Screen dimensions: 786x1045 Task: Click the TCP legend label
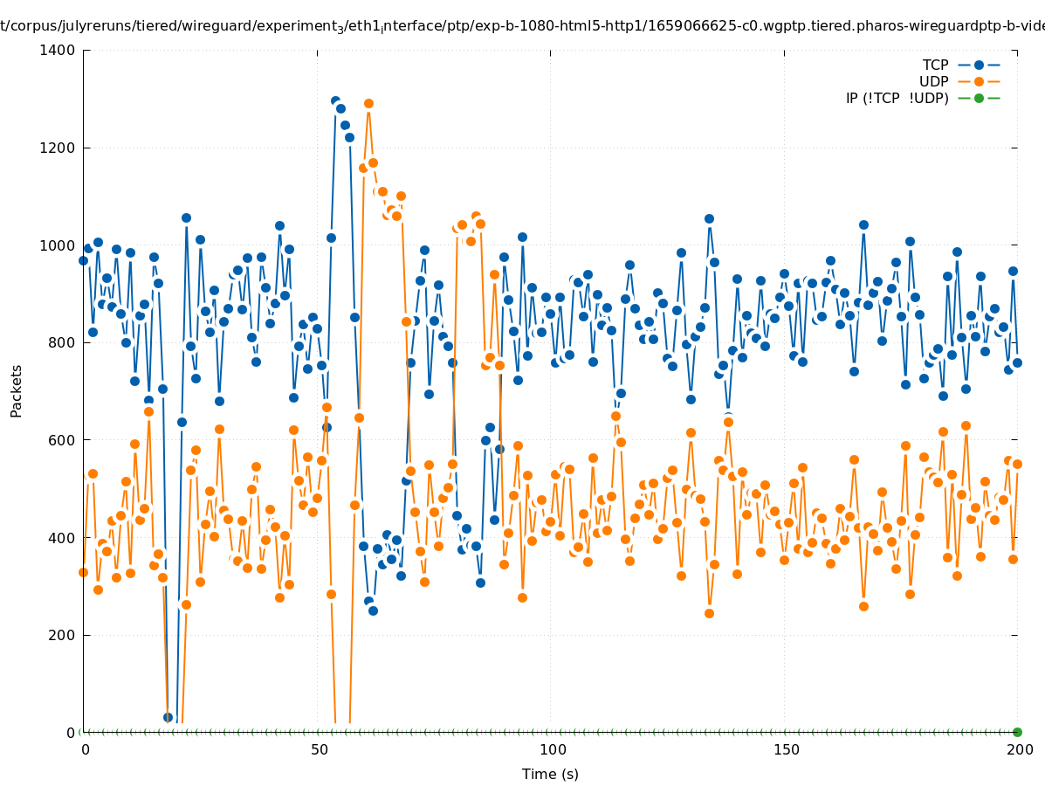point(935,65)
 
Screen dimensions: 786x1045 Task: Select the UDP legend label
point(933,82)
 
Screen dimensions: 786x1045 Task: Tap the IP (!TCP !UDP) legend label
point(897,99)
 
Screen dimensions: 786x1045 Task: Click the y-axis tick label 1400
point(57,51)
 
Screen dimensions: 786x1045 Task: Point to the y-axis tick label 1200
point(57,148)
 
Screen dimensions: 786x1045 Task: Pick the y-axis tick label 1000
point(57,245)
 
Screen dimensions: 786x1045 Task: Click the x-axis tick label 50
point(320,749)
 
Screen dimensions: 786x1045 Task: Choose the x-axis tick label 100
point(552,749)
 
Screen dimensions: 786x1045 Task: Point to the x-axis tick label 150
point(785,749)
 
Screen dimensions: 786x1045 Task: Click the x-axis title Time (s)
point(550,775)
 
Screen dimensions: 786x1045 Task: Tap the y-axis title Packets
point(17,391)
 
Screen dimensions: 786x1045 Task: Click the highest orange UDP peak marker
point(368,104)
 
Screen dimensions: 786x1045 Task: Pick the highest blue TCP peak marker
point(335,101)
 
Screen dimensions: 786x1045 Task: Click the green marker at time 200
point(1017,732)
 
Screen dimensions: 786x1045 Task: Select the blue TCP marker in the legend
point(979,65)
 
